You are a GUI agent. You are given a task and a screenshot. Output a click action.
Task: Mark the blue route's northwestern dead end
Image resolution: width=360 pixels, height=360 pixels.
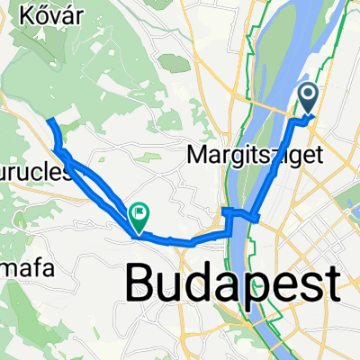coord(49,121)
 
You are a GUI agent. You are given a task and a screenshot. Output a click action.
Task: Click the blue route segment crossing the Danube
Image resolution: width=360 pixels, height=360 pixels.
coord(241,213)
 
